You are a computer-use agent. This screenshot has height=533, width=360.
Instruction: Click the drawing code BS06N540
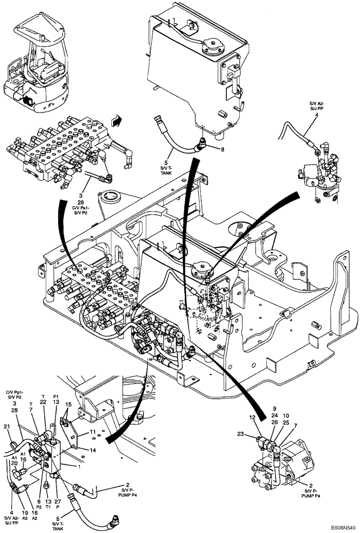[x=339, y=526]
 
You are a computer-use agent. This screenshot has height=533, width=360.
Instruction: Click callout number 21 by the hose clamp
[x=6, y=426]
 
